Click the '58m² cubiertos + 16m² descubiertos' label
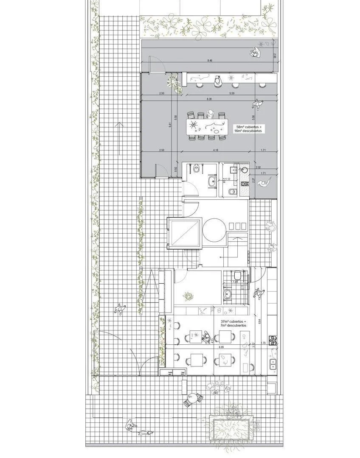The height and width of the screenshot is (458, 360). click(x=250, y=129)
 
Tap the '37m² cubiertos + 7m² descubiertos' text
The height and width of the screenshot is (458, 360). click(x=234, y=324)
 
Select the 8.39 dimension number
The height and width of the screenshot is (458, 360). click(x=210, y=99)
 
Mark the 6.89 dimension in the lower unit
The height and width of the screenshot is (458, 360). click(x=222, y=347)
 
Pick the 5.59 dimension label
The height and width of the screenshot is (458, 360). click(x=232, y=93)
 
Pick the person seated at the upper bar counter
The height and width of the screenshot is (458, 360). click(x=218, y=80)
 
